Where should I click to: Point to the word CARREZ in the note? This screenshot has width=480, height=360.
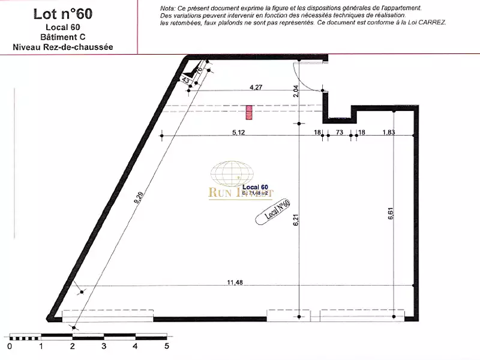431,22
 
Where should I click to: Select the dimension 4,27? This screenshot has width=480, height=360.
257,86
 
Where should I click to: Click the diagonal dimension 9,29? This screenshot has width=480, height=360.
139,199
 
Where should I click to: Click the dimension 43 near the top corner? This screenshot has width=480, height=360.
185,80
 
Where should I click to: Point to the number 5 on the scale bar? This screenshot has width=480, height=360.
167,346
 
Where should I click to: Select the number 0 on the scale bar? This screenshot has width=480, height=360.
9,346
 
